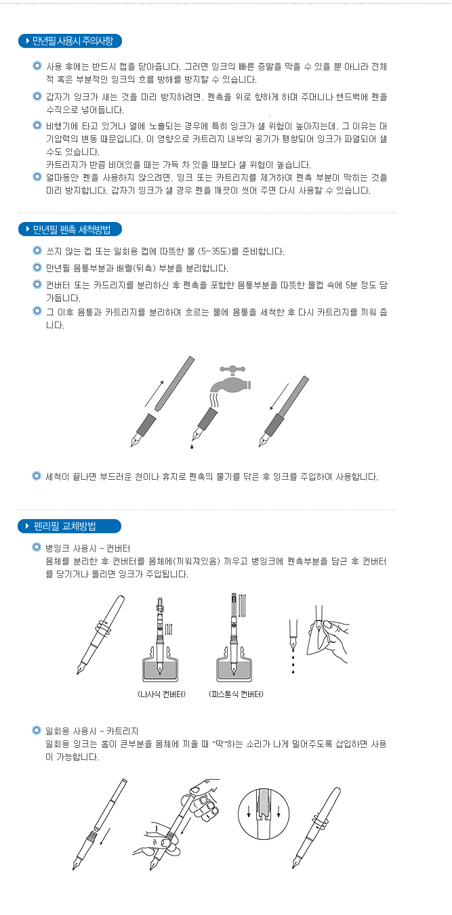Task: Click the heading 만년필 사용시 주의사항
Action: [73, 41]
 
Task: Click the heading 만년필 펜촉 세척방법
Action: [72, 229]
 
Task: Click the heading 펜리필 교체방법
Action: [64, 526]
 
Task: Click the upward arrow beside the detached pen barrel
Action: [155, 394]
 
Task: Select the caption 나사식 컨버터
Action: [161, 694]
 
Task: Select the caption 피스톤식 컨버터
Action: [236, 694]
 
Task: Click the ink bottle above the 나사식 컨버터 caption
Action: [161, 664]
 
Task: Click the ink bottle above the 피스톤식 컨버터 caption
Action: [234, 664]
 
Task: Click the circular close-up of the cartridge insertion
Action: [264, 813]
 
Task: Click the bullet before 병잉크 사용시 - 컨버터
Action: [37, 547]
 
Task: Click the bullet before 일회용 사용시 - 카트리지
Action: [37, 730]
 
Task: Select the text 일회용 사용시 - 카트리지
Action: [91, 731]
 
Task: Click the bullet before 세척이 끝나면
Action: [37, 476]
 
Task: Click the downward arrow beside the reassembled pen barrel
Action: [279, 396]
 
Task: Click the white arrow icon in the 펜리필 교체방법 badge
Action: [27, 526]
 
